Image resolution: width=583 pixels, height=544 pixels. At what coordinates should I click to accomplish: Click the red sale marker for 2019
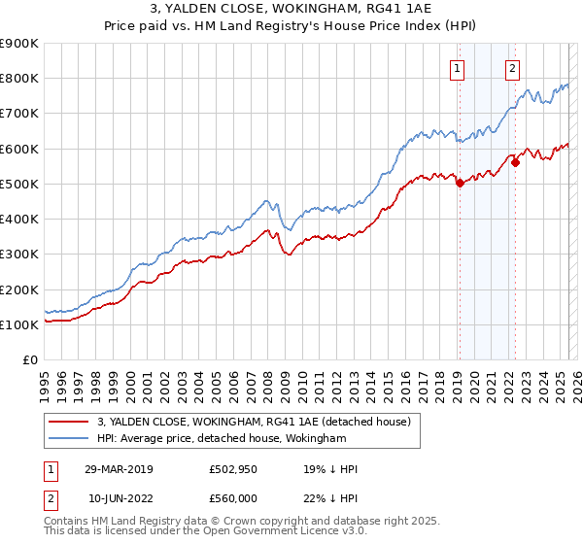click(460, 183)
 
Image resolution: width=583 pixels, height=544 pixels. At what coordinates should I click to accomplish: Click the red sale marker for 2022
click(515, 162)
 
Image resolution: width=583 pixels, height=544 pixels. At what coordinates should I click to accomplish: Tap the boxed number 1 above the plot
click(456, 68)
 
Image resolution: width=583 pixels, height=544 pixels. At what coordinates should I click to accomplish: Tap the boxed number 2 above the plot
click(511, 68)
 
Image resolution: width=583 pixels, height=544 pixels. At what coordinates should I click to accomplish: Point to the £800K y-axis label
click(19, 78)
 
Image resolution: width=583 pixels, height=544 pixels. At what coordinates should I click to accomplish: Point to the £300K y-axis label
click(19, 255)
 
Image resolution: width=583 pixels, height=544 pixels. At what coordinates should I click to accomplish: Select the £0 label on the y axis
click(29, 360)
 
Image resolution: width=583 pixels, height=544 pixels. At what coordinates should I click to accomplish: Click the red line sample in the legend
click(69, 422)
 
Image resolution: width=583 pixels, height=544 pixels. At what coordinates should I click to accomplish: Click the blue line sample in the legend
click(69, 439)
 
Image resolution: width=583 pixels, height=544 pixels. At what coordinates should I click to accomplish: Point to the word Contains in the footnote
click(66, 523)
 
